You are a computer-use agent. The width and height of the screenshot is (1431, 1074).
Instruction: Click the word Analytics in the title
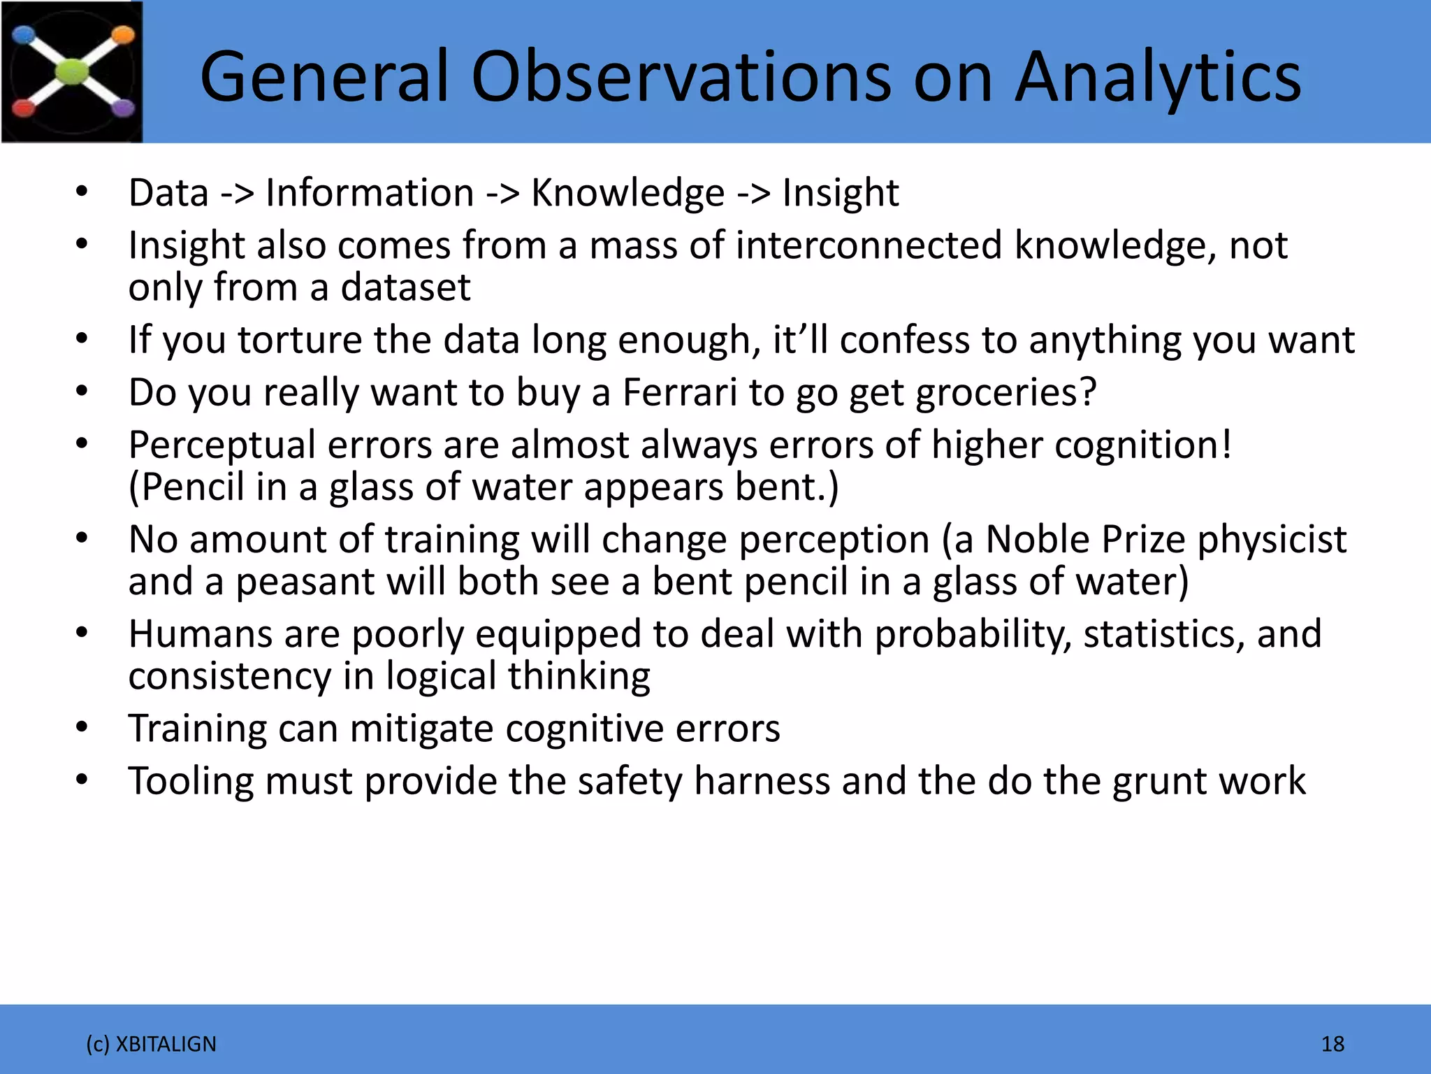pos(1158,77)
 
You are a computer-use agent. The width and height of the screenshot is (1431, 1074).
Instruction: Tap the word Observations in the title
pos(681,77)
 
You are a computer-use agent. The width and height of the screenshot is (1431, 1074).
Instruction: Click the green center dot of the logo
pos(73,71)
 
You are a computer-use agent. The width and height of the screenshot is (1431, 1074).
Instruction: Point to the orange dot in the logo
pos(123,35)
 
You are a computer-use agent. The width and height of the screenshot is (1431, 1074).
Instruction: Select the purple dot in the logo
pos(123,108)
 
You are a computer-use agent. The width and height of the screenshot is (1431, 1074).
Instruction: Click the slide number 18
pos(1332,1044)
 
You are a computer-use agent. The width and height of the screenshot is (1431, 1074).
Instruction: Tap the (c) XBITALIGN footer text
pos(151,1044)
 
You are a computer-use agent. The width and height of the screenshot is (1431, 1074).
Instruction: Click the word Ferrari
pos(679,392)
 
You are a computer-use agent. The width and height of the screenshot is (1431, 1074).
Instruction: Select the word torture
pos(299,340)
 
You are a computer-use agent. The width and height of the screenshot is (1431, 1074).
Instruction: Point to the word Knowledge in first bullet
pos(627,193)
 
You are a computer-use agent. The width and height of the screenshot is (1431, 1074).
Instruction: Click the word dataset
pos(405,287)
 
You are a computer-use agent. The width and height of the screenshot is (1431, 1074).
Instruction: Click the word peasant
pos(305,582)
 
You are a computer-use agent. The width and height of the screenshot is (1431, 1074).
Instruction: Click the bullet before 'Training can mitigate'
pos(82,727)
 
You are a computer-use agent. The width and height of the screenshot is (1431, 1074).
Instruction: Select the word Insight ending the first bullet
pos(840,193)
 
